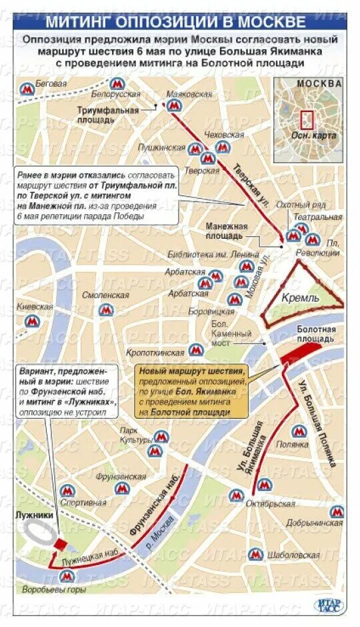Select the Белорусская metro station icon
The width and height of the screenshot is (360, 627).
coord(118,84)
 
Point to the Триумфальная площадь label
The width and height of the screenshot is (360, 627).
coord(107,115)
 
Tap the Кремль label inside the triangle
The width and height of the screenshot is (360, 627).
coord(300,297)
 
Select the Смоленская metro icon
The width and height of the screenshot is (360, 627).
coord(105,309)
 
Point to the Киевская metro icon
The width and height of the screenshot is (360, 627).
coord(32,321)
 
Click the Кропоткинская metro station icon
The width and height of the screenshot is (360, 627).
coord(195,350)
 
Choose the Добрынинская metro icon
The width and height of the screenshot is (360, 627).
coord(337,512)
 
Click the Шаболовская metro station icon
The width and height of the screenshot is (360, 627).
coord(254,554)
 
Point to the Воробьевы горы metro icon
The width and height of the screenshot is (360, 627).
coord(66,576)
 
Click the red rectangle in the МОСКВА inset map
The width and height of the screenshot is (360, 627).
coord(307,120)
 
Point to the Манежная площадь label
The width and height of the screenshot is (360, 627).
coord(226,231)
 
